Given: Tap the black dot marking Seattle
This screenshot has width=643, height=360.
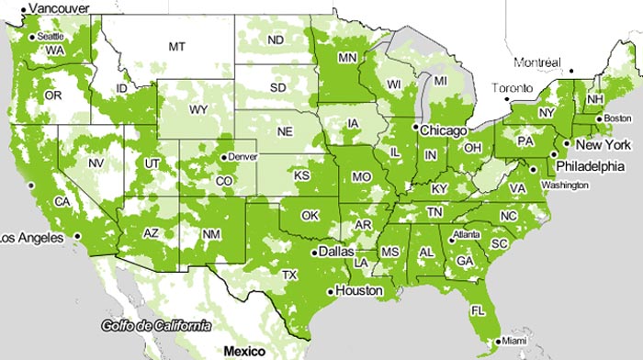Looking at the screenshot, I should tap(32, 37).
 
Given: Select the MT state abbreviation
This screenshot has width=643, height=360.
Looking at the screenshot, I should tap(175, 45).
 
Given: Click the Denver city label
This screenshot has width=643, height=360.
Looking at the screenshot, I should tap(243, 156).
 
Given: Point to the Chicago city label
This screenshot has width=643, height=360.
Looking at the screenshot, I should tap(446, 130).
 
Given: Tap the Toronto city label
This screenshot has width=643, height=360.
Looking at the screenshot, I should tap(513, 89).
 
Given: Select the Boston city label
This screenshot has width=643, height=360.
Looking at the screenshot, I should tap(619, 118).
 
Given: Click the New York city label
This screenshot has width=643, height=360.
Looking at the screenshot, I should tap(602, 145).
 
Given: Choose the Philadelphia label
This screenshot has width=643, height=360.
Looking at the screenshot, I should tap(591, 167).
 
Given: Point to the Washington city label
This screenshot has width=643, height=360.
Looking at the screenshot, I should tap(565, 186).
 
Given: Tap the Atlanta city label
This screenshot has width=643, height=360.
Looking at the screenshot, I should tap(466, 233).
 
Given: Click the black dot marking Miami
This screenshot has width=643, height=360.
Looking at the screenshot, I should tap(495, 342).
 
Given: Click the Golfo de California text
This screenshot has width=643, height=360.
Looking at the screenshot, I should tap(156, 326).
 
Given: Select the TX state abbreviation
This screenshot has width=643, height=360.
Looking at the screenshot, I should tap(289, 275).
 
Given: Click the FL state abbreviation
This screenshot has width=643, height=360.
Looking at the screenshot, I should tap(478, 310).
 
